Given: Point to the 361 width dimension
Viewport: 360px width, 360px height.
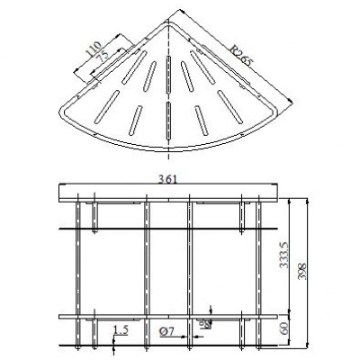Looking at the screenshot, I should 166,178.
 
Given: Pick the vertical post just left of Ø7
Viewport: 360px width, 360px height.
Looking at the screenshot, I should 147,270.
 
